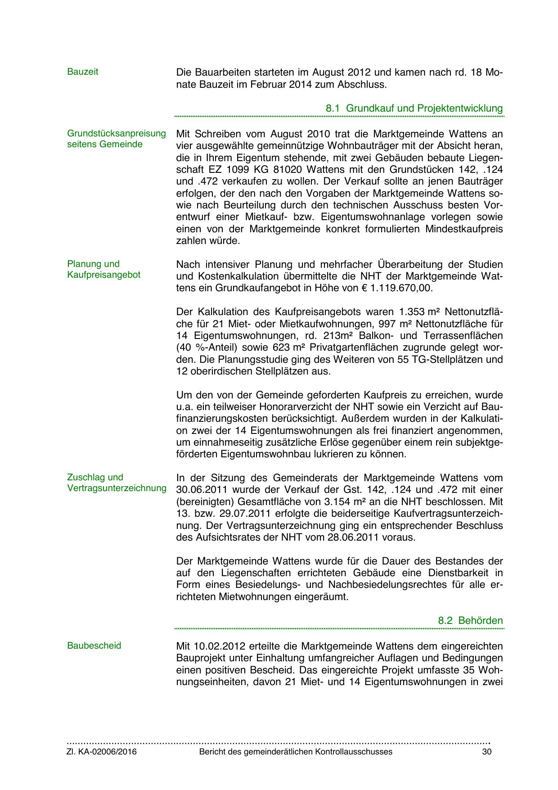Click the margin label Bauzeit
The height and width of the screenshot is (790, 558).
[82, 72]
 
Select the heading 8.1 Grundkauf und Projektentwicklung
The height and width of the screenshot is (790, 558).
[414, 108]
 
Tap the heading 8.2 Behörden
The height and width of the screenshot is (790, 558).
[470, 621]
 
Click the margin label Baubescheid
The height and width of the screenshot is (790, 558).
[94, 646]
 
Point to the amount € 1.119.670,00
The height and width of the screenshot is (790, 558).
[393, 288]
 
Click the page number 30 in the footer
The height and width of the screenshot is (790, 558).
[486, 752]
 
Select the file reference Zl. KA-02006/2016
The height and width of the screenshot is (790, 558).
[102, 752]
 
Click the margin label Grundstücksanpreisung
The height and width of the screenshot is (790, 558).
[117, 134]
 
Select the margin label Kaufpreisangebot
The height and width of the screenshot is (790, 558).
[104, 275]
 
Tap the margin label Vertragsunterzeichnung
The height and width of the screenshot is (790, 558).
[117, 488]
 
